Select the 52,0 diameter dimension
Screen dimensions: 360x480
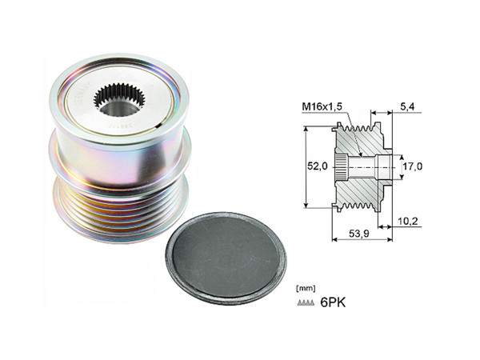(318, 166)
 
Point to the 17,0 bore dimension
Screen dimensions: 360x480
(414, 166)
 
